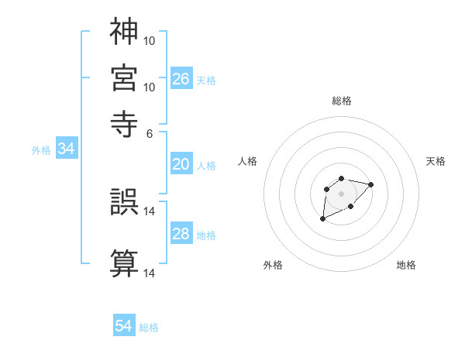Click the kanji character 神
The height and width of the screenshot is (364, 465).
click(125, 31)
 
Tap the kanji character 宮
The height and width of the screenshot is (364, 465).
click(125, 77)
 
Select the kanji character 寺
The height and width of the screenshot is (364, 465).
click(125, 122)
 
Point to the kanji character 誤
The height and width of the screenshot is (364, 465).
click(125, 202)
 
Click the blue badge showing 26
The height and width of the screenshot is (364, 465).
click(181, 79)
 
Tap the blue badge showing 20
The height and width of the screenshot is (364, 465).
click(181, 164)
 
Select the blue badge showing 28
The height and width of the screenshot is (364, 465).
click(181, 234)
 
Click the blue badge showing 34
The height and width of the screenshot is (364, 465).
click(67, 149)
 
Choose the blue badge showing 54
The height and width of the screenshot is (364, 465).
click(124, 327)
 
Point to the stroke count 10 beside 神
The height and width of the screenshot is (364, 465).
click(150, 39)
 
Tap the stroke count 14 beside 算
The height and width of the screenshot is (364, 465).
click(150, 273)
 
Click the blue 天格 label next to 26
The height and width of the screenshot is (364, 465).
click(206, 81)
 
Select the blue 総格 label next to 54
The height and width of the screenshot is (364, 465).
click(149, 328)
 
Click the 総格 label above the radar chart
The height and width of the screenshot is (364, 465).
click(342, 101)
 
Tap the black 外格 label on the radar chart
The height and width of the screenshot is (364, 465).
click(273, 265)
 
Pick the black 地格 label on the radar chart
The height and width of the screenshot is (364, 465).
click(406, 265)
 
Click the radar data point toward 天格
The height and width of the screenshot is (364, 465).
click(370, 184)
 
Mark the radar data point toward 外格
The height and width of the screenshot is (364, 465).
click(322, 219)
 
